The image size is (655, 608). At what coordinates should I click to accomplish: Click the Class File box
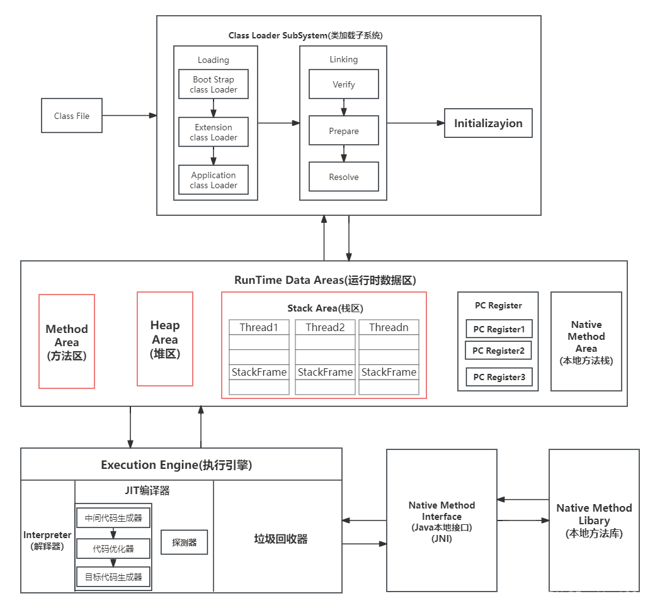[72, 116]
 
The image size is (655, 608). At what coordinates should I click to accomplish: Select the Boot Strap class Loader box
[214, 84]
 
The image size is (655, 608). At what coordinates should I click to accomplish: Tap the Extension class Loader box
[214, 132]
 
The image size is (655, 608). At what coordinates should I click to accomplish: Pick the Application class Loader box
[214, 180]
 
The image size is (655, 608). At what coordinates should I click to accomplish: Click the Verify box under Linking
[343, 84]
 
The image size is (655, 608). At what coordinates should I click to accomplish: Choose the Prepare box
[343, 131]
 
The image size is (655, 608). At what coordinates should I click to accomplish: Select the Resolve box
[343, 177]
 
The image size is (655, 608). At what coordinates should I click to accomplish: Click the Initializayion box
[488, 123]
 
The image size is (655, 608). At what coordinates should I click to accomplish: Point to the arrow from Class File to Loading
[129, 116]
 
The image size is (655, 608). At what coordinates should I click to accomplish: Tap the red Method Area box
[67, 342]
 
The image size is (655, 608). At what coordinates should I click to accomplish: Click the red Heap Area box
[165, 339]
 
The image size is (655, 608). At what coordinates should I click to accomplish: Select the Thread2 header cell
[326, 327]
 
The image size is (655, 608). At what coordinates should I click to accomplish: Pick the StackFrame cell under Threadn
[389, 372]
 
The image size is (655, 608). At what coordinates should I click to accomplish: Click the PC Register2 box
[498, 351]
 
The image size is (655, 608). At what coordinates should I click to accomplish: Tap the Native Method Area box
[586, 342]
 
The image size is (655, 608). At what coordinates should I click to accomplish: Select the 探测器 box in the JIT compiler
[184, 542]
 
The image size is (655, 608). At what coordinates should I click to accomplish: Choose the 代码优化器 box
[113, 548]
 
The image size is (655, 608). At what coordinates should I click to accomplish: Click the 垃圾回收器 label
[281, 539]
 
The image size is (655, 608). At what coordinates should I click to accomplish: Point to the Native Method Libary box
[594, 521]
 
